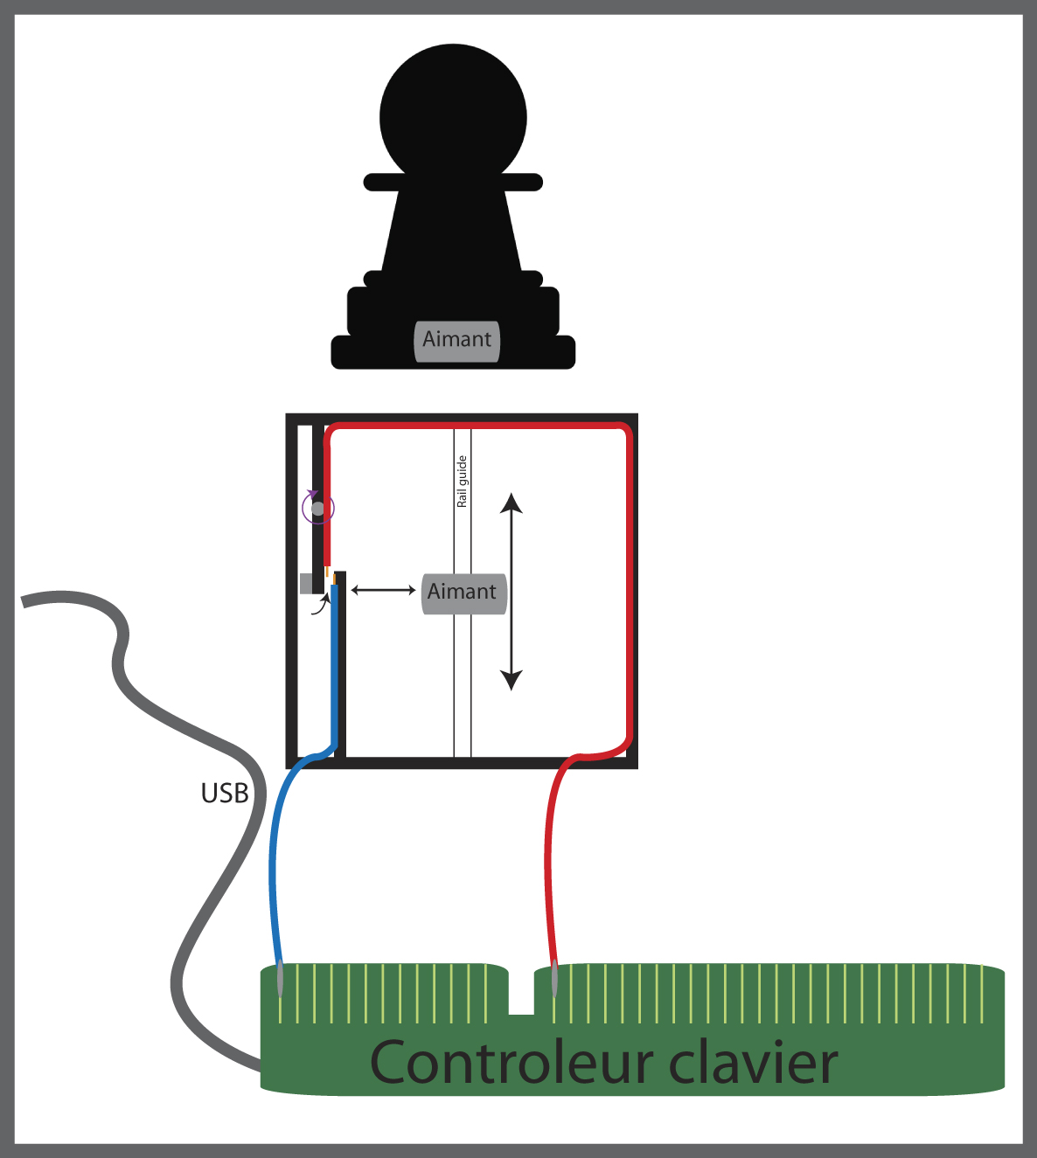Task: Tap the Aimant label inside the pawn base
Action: tap(456, 340)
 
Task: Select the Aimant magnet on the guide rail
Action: tap(463, 593)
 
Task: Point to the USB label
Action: tap(225, 793)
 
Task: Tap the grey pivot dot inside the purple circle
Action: tap(318, 508)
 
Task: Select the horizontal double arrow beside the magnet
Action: tap(383, 591)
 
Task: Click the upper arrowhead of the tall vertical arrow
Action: tap(512, 503)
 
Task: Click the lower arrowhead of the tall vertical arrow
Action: tap(512, 680)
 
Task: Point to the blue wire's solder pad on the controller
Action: tap(280, 979)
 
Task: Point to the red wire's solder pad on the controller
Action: tap(554, 979)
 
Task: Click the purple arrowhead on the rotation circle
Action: tap(311, 495)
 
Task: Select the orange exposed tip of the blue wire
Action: tap(334, 579)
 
